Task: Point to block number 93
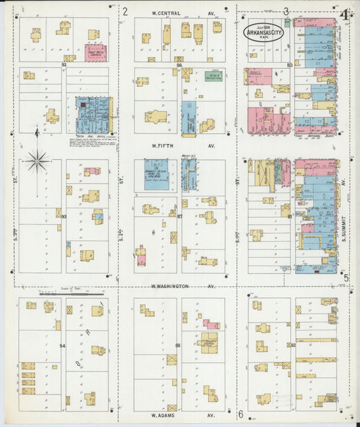63,216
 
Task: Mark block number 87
180,216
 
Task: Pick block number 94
63,346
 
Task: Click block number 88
178,346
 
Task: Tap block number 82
293,345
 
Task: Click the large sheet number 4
344,14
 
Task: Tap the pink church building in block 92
96,52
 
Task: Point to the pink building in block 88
211,325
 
